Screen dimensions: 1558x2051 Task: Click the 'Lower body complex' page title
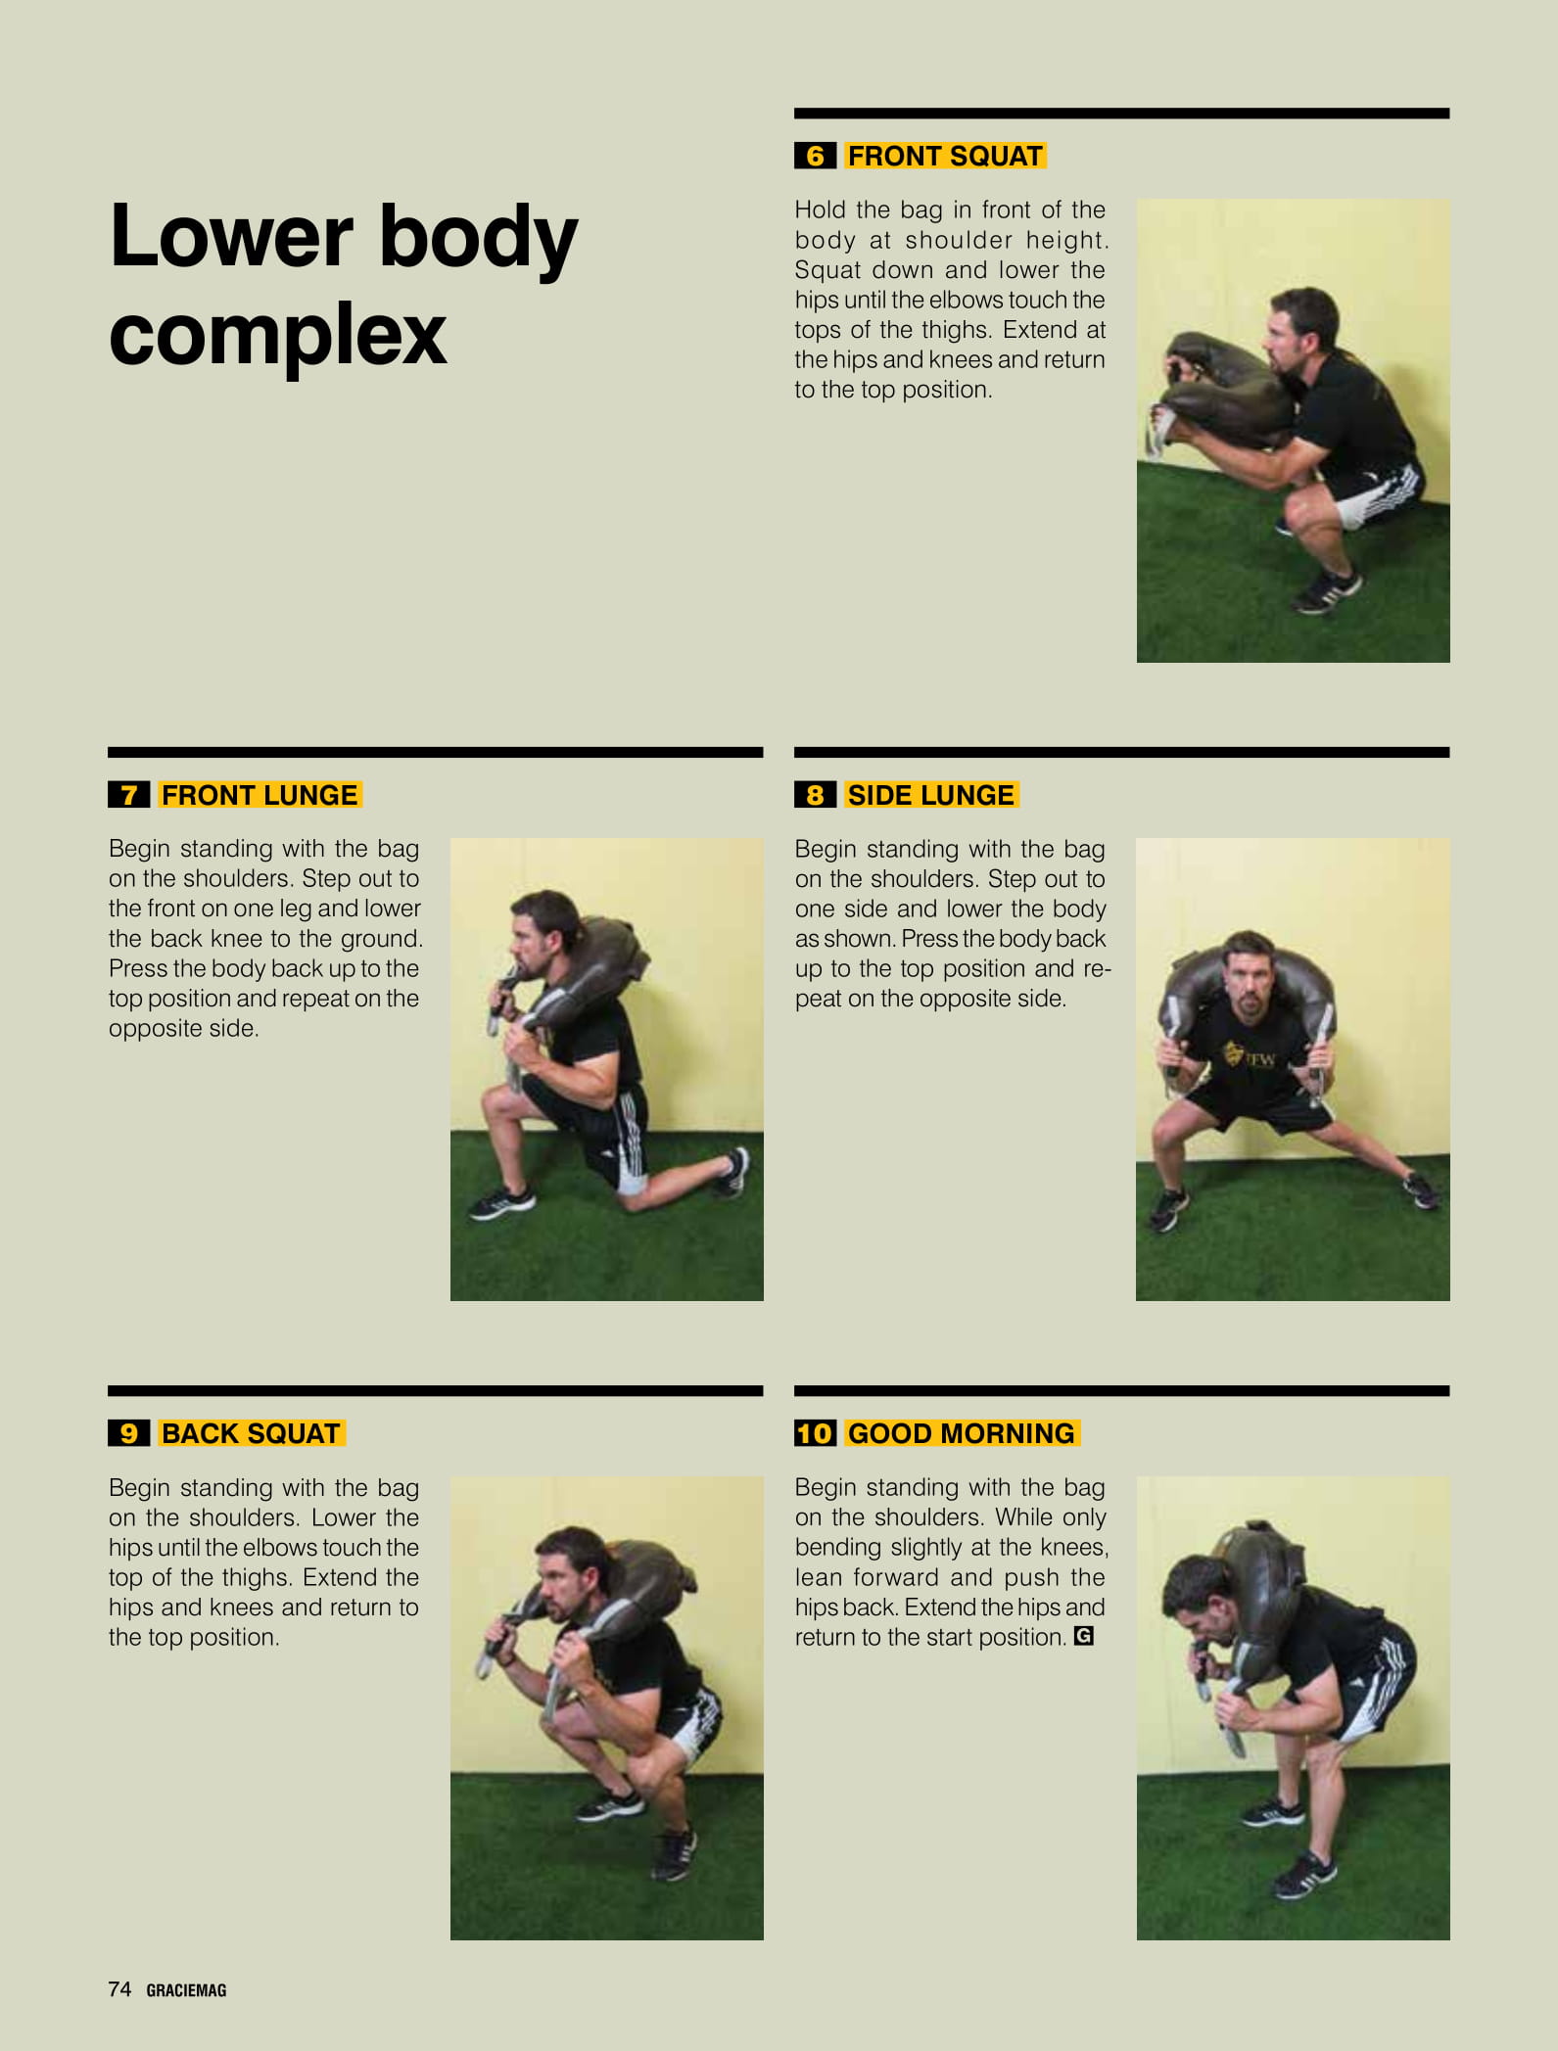tap(343, 284)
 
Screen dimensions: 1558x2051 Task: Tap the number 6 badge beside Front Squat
tap(815, 156)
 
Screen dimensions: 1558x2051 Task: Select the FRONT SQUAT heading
tap(945, 156)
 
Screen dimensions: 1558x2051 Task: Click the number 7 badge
tap(128, 795)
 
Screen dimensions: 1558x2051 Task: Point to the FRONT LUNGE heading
tap(260, 795)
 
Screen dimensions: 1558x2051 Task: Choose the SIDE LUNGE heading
tap(931, 795)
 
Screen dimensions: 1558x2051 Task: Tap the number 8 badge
tap(815, 795)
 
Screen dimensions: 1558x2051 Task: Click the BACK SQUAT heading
tap(251, 1433)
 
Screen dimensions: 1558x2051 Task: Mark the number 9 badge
tap(128, 1433)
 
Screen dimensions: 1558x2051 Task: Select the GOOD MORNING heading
tap(962, 1433)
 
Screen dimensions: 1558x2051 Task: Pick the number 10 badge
tap(815, 1433)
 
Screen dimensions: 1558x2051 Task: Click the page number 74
tap(119, 1988)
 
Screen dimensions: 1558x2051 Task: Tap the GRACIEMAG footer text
tap(186, 1990)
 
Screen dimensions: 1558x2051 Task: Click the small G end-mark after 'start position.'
tap(1083, 1636)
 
